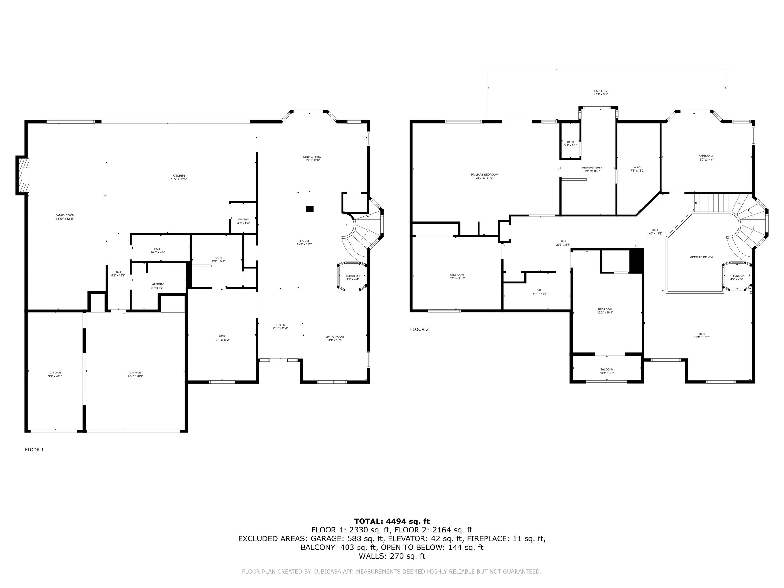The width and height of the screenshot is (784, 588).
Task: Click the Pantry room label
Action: (x=243, y=221)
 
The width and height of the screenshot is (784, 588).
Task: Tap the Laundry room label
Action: (x=157, y=286)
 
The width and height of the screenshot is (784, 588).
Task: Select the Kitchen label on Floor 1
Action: (x=179, y=177)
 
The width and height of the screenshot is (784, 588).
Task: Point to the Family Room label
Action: (x=65, y=217)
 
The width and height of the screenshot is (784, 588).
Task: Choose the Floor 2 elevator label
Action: (x=737, y=278)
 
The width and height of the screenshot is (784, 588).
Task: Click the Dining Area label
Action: (x=312, y=158)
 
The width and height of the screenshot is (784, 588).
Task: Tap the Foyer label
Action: (x=280, y=326)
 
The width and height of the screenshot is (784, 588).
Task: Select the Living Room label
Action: (x=335, y=338)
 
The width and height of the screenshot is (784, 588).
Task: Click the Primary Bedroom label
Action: (x=484, y=176)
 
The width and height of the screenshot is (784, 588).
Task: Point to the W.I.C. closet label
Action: (x=637, y=169)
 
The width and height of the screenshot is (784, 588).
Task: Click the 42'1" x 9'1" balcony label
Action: (x=601, y=93)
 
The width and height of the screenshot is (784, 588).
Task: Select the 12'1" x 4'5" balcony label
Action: (x=607, y=371)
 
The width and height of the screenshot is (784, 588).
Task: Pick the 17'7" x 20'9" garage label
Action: (x=135, y=374)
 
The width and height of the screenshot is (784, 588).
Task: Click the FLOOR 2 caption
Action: (x=419, y=329)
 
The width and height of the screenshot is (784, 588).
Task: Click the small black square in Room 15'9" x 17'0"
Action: (x=310, y=209)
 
